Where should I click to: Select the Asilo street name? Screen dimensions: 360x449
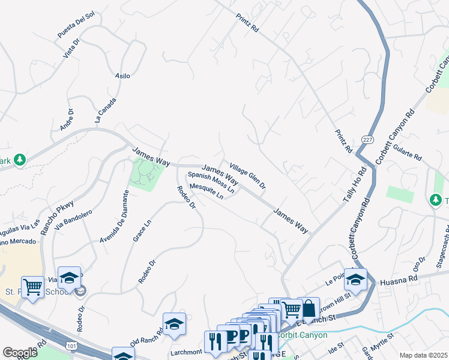coord(122,76)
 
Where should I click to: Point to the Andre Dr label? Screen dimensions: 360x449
coord(67,119)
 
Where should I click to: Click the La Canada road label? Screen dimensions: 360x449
coord(105,110)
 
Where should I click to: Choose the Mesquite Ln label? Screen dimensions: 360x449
coord(206,192)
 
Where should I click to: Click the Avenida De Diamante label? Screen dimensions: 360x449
coord(113,216)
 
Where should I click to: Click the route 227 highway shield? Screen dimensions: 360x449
coord(367,139)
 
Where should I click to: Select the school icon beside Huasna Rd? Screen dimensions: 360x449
coord(355,280)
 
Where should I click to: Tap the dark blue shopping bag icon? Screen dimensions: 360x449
coord(309,309)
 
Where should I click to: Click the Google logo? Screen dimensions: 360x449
coord(20,352)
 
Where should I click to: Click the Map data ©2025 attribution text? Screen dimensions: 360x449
coord(423,355)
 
